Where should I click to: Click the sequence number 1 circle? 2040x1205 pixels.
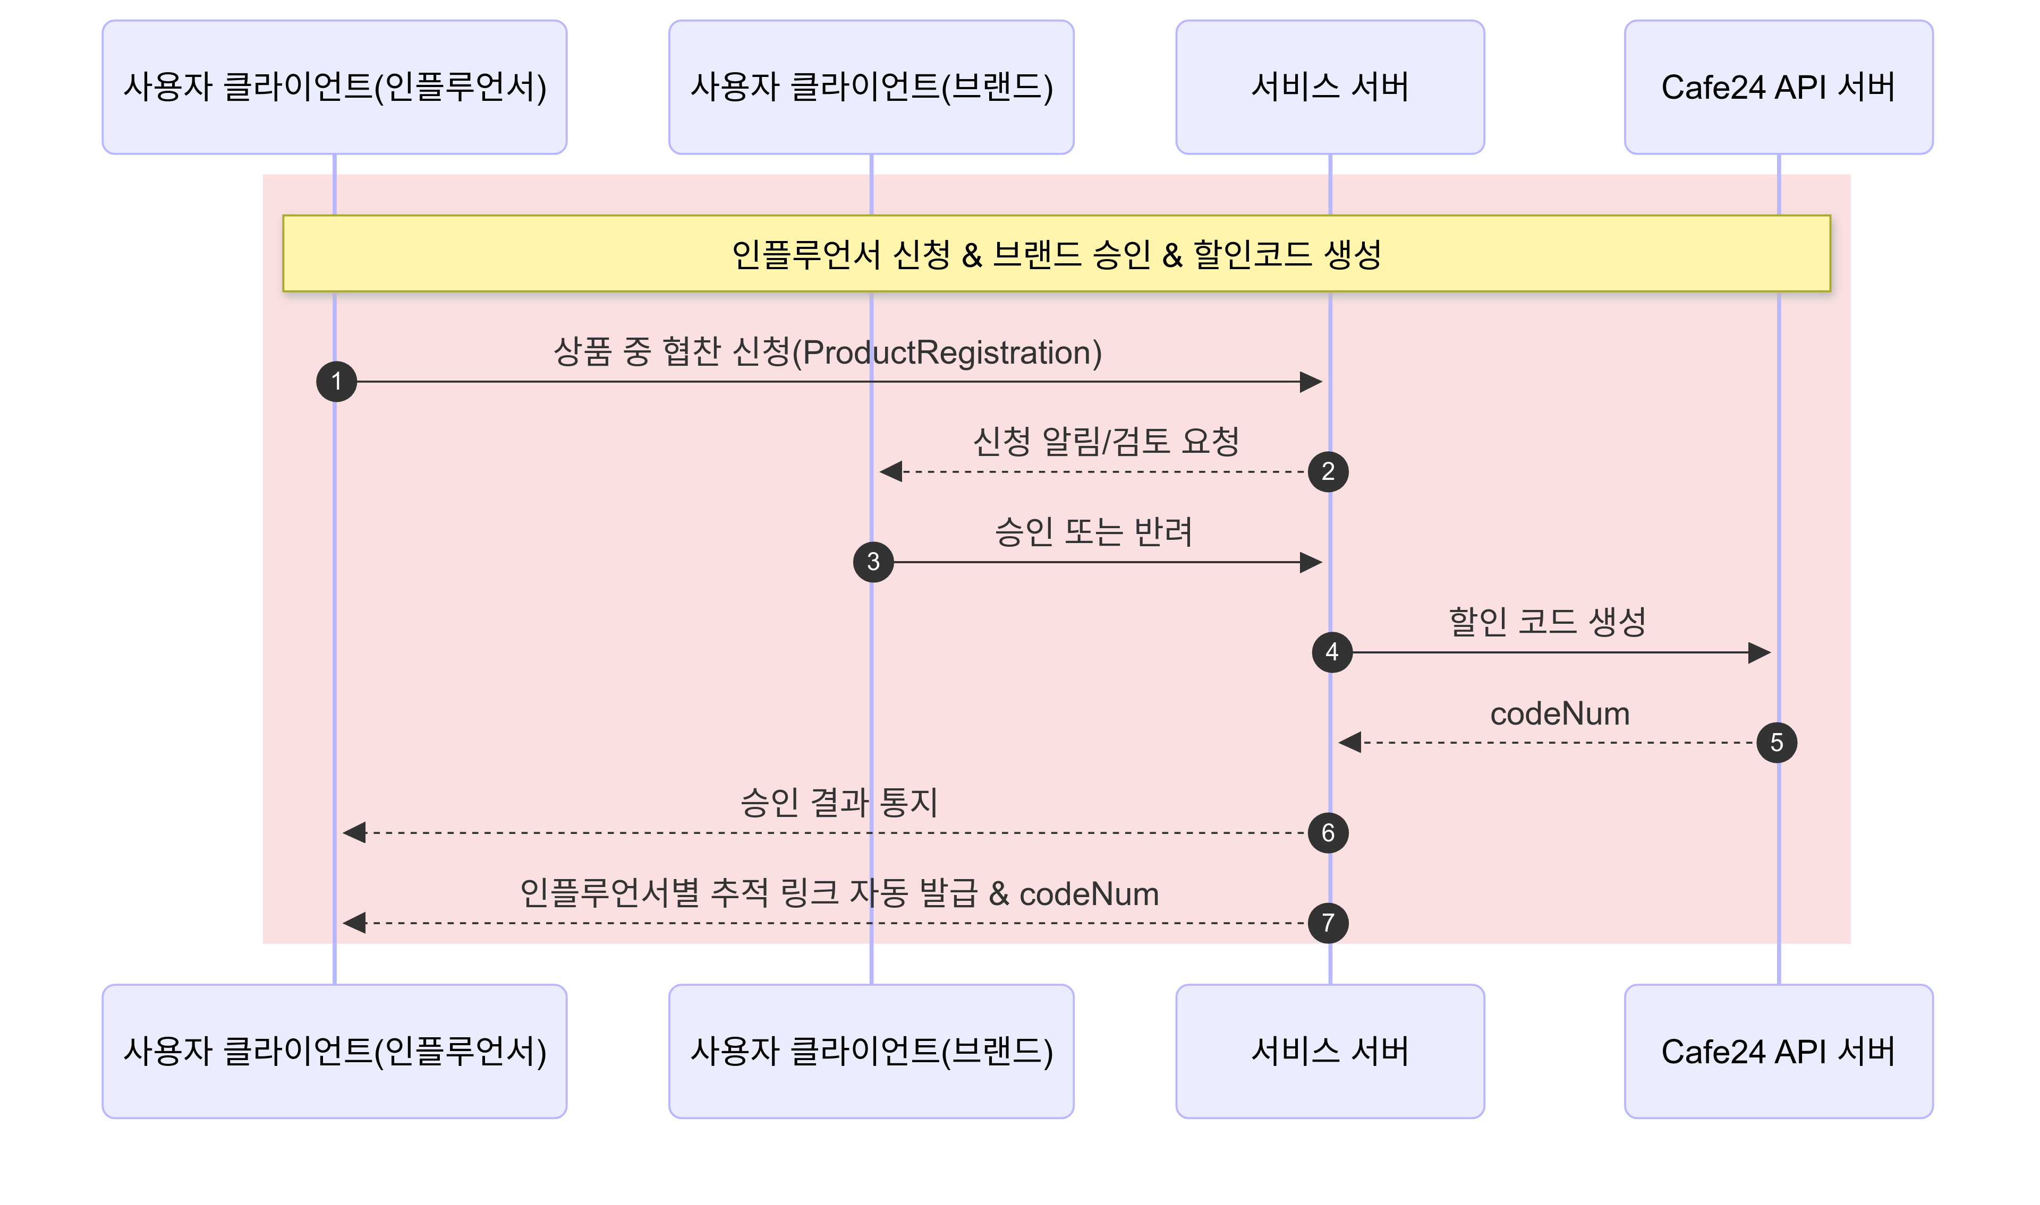[336, 382]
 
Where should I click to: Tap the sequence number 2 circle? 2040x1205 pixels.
[1328, 472]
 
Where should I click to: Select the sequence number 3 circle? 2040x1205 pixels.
[873, 562]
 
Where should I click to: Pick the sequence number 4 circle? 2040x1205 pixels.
[1332, 652]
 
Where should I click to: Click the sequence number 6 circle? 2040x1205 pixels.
[1328, 833]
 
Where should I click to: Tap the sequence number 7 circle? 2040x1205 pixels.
[1328, 923]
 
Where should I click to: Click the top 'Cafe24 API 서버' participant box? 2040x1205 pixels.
[1779, 88]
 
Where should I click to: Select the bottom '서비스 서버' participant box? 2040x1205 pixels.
[1330, 1052]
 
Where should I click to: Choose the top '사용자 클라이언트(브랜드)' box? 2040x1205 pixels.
[871, 88]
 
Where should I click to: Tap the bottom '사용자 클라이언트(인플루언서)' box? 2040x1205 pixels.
[335, 1052]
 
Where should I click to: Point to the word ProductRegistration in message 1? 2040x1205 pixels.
[947, 353]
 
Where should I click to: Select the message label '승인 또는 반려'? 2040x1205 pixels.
[1093, 532]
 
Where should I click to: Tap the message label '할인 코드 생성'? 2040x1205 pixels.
[1547, 623]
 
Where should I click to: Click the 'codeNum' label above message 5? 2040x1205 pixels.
[1560, 714]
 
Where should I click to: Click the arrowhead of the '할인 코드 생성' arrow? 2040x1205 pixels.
[1759, 652]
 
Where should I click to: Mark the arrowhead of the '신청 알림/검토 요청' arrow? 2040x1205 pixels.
[891, 472]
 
